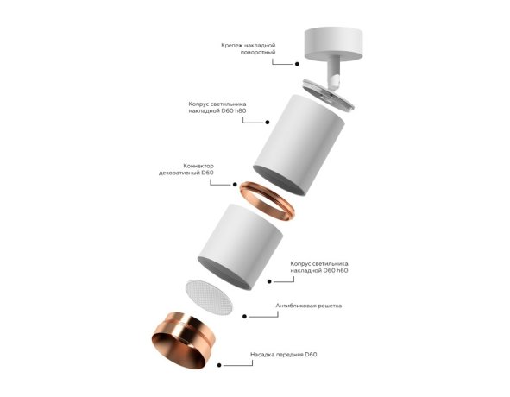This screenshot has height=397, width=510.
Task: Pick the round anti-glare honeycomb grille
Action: pos(209,296)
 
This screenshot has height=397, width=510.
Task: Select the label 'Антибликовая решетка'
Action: pos(309,306)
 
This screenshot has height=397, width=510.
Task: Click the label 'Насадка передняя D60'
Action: pos(279,355)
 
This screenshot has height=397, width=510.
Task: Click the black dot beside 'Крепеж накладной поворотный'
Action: pos(296,62)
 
